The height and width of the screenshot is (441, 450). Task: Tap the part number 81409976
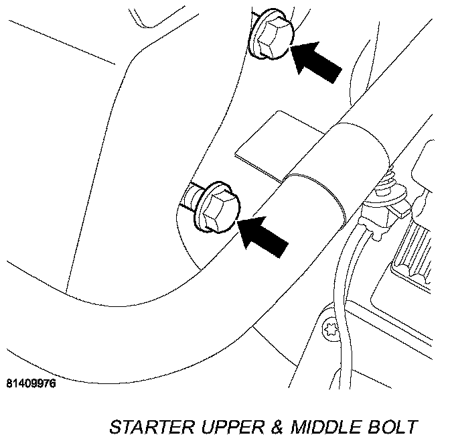(x=31, y=384)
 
